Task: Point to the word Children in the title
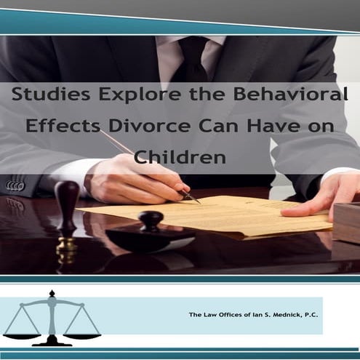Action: tap(180, 156)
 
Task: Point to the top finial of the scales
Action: tap(52, 295)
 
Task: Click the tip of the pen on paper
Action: tap(198, 201)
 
